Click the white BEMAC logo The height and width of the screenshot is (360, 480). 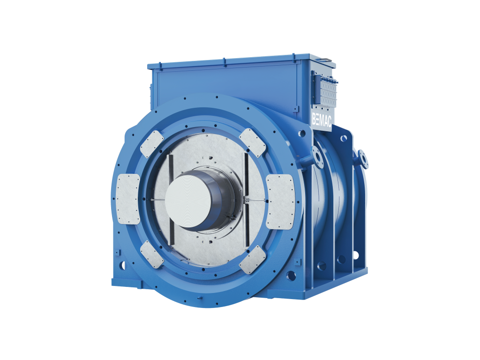(x=322, y=120)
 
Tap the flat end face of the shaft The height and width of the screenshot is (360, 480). (x=188, y=201)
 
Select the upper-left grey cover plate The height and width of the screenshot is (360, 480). (x=152, y=144)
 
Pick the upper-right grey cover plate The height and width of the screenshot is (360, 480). (x=252, y=142)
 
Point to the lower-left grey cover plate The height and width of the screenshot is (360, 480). (x=152, y=255)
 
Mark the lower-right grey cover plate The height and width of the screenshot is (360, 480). (x=252, y=259)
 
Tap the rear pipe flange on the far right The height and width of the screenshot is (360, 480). (x=363, y=159)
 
